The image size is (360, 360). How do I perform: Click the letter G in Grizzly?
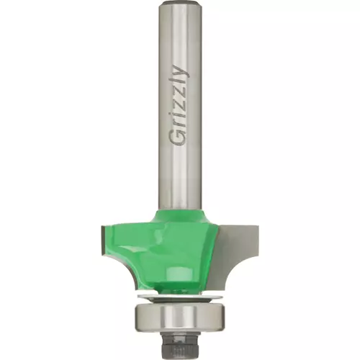click(179, 138)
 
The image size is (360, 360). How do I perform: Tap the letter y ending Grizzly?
click(181, 70)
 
